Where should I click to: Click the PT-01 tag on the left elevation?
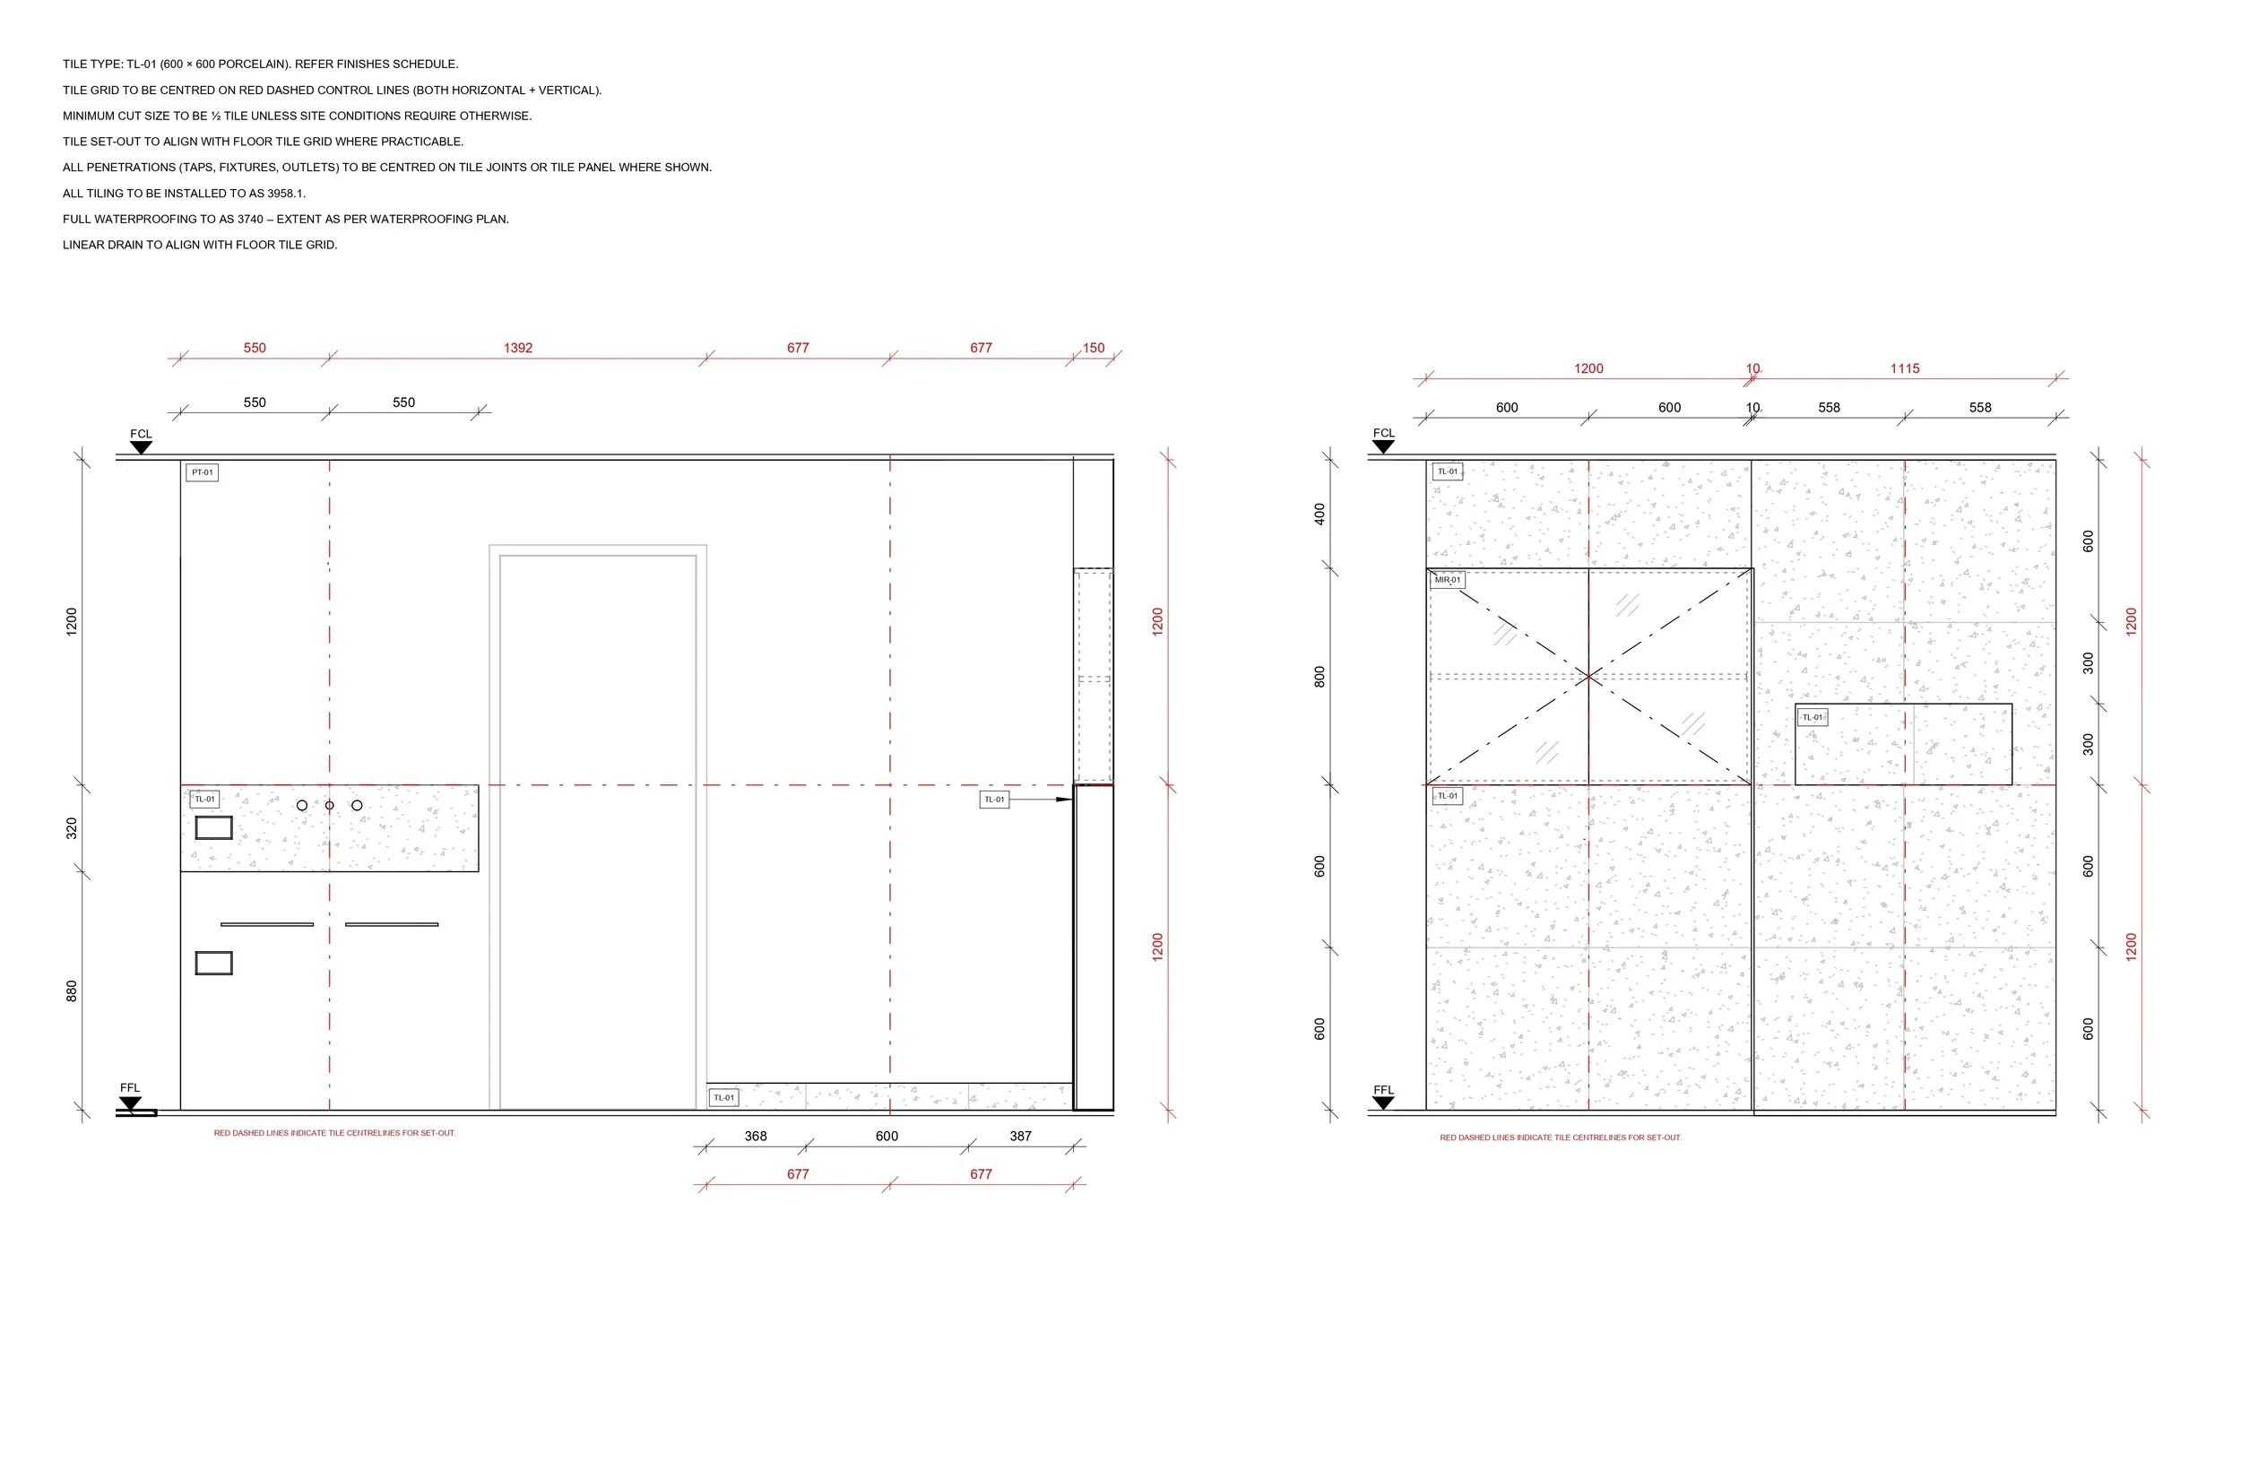[x=202, y=472]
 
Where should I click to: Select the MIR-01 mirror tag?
[x=1447, y=580]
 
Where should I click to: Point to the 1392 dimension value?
[x=518, y=348]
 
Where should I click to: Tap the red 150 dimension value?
[x=1093, y=348]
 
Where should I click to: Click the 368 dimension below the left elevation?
[x=756, y=1137]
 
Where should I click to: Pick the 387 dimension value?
[x=1020, y=1137]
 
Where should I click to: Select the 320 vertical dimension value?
[x=72, y=829]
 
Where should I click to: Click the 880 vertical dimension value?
[x=72, y=991]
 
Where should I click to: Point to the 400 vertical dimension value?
[x=1320, y=515]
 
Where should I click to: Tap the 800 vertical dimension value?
[x=1320, y=676]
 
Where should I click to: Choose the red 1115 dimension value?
[x=1904, y=368]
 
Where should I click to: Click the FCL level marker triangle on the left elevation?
[x=141, y=447]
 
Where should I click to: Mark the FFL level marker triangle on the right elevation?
[x=1383, y=1103]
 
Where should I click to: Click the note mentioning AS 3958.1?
[x=184, y=194]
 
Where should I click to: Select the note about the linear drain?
[x=200, y=246]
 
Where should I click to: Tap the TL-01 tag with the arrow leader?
[x=994, y=800]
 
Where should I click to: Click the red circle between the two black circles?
[x=329, y=806]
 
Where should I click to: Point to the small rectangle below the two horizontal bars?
[x=213, y=963]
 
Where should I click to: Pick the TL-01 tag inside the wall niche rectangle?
[x=1812, y=718]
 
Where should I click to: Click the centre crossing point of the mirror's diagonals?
[x=1589, y=676]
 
